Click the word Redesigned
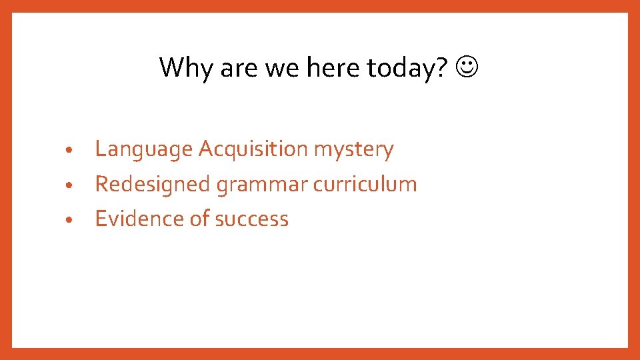pyautogui.click(x=153, y=184)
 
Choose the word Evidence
pyautogui.click(x=139, y=219)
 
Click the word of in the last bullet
pyautogui.click(x=199, y=219)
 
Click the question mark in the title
pyautogui.click(x=439, y=67)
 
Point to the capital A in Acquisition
pyautogui.click(x=206, y=149)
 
